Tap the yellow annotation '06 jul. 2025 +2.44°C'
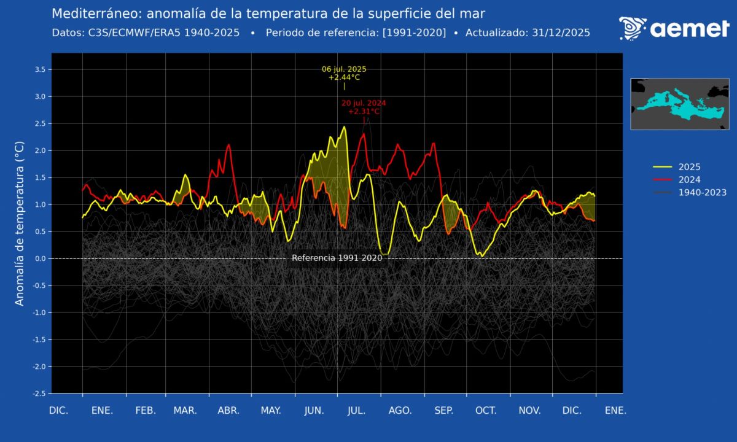(x=344, y=73)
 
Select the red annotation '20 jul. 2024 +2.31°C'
(x=364, y=107)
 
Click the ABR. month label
(x=229, y=411)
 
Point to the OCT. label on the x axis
(x=486, y=411)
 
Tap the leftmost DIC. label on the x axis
(x=60, y=411)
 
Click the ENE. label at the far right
(x=615, y=411)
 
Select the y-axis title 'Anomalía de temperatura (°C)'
(x=20, y=223)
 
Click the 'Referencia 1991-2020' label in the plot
(x=337, y=258)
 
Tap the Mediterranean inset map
(x=679, y=103)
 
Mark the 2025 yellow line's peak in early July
(x=345, y=127)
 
